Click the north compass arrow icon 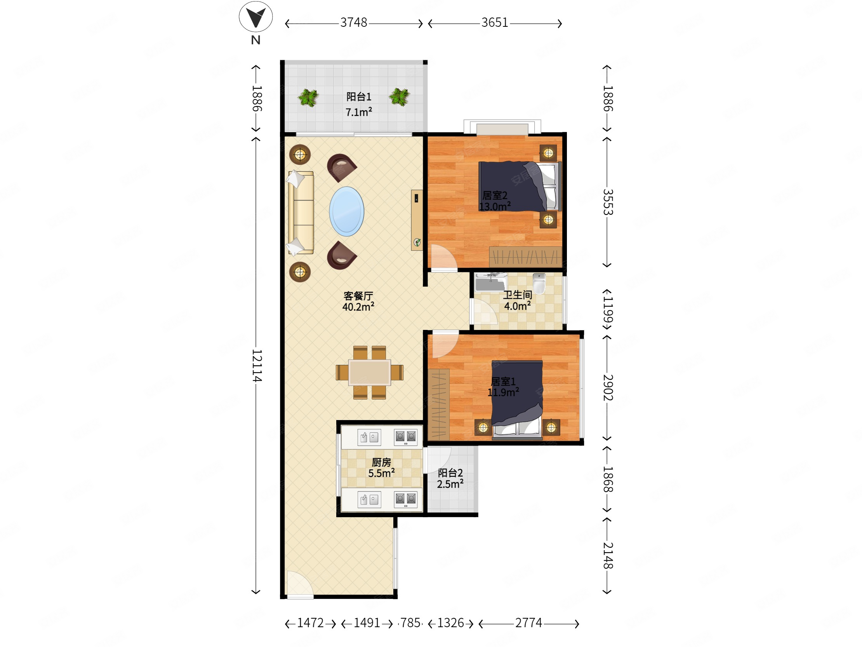tap(255, 17)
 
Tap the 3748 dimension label tap(354, 23)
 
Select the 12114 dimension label tap(257, 365)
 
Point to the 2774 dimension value tap(528, 623)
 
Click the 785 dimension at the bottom tap(410, 623)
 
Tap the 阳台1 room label tap(358, 97)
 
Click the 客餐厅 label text tap(358, 296)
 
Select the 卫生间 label tap(518, 295)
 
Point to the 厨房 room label tap(381, 462)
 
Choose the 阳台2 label tap(450, 473)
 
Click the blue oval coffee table tap(346, 211)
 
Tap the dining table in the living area tap(369, 373)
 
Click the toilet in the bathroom tap(539, 283)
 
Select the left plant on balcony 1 tap(308, 98)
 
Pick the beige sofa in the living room tap(301, 213)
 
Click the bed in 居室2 tap(520, 187)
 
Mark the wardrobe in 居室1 tap(439, 405)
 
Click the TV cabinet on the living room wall tap(417, 220)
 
